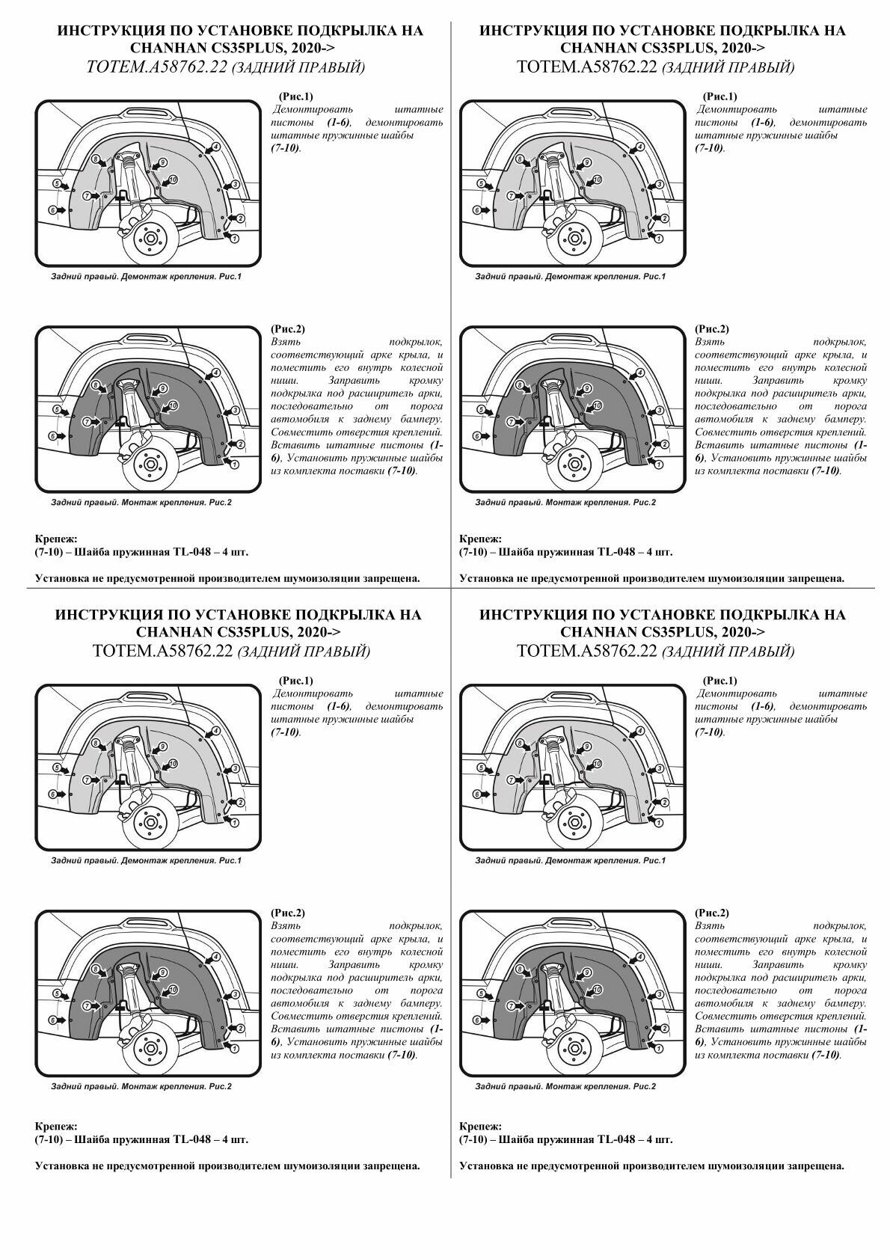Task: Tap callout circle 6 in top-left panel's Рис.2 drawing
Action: (x=53, y=435)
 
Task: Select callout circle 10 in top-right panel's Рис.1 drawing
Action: (x=597, y=180)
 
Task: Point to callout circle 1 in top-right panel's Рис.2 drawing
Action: (x=658, y=465)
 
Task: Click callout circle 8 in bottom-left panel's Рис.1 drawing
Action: (x=96, y=743)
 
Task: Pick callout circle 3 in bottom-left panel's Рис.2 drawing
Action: (x=234, y=994)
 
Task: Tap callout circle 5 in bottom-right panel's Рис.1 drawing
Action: (x=481, y=768)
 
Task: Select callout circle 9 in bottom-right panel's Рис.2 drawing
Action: (x=586, y=972)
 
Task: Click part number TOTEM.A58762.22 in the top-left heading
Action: (x=157, y=67)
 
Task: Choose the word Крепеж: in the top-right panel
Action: (x=480, y=539)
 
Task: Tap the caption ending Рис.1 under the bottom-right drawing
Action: (x=570, y=860)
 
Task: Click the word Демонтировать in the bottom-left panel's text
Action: (x=312, y=693)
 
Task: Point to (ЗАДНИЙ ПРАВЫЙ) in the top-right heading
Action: (x=728, y=69)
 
